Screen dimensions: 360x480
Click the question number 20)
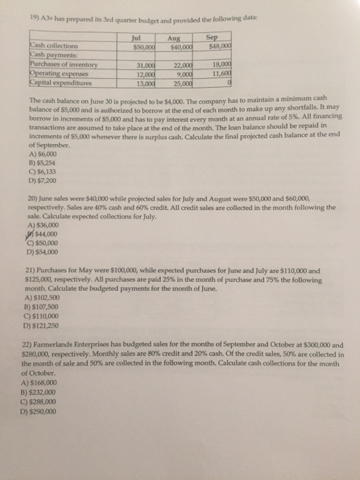tap(28, 202)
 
